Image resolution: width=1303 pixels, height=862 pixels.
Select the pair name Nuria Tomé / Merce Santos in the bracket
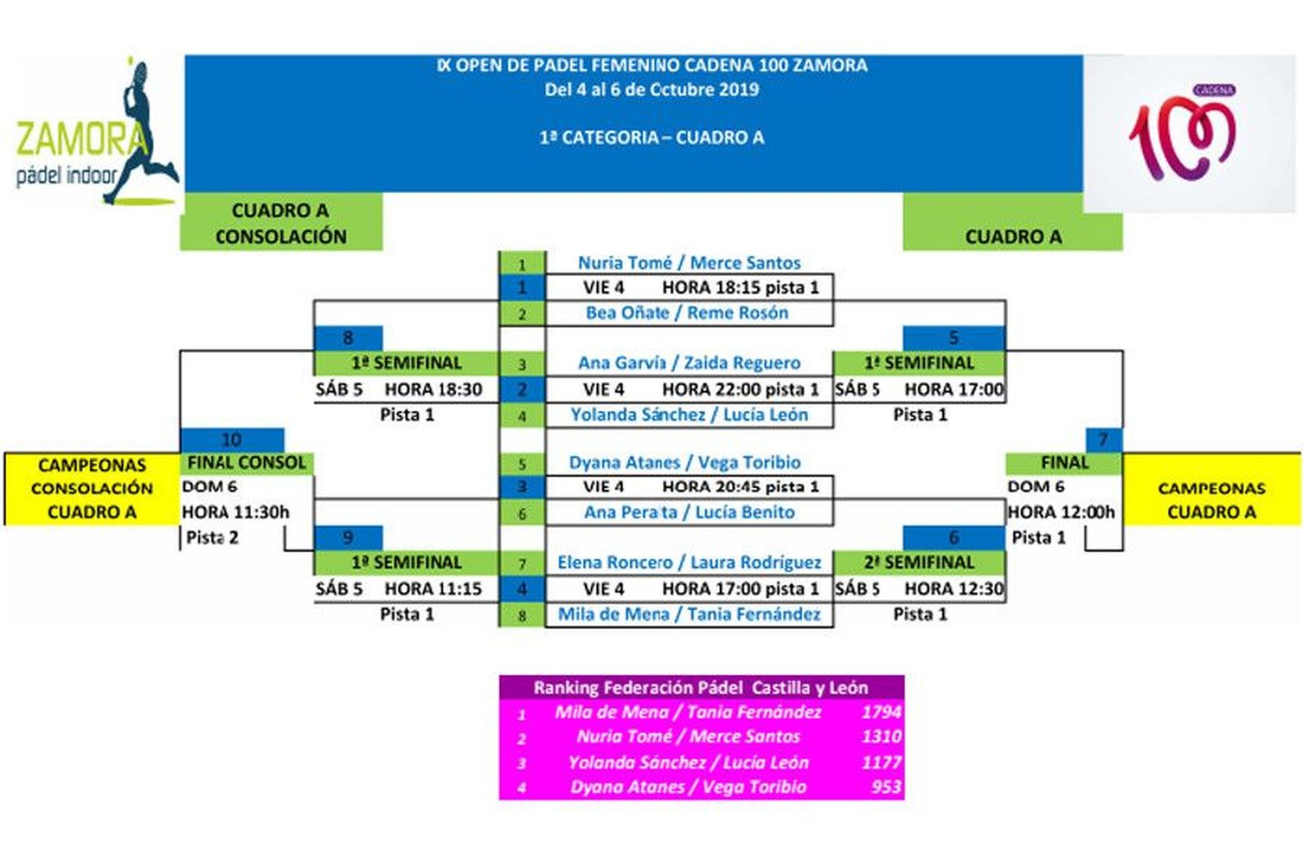[x=689, y=262]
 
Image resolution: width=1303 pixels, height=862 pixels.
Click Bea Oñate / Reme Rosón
[x=687, y=313]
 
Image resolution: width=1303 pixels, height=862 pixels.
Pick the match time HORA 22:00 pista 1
[x=739, y=389]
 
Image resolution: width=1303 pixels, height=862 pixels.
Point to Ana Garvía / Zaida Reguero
[x=689, y=363]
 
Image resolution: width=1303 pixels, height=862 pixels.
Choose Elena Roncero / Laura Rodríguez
[x=689, y=562]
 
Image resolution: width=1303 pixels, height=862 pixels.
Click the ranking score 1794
[x=880, y=712]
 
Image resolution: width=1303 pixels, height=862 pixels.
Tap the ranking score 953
[x=884, y=787]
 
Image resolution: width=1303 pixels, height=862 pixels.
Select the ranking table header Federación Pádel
[x=700, y=688]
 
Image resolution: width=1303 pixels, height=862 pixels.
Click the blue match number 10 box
[x=231, y=440]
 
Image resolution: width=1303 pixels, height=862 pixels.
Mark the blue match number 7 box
[x=1103, y=440]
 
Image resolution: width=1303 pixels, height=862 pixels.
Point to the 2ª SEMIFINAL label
[x=919, y=562]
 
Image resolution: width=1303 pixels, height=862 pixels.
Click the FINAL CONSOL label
[x=246, y=463]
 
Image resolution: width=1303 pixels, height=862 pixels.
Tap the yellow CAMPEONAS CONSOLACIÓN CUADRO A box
[x=91, y=488]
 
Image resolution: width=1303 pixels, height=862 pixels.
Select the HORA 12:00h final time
[x=1060, y=512]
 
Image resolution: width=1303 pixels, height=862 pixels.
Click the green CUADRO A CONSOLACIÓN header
[x=280, y=222]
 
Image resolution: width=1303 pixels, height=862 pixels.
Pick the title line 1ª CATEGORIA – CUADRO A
[x=651, y=138]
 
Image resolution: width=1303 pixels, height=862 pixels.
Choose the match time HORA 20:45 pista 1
[x=739, y=487]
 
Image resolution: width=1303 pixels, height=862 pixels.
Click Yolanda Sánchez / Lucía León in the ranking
[x=688, y=763]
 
